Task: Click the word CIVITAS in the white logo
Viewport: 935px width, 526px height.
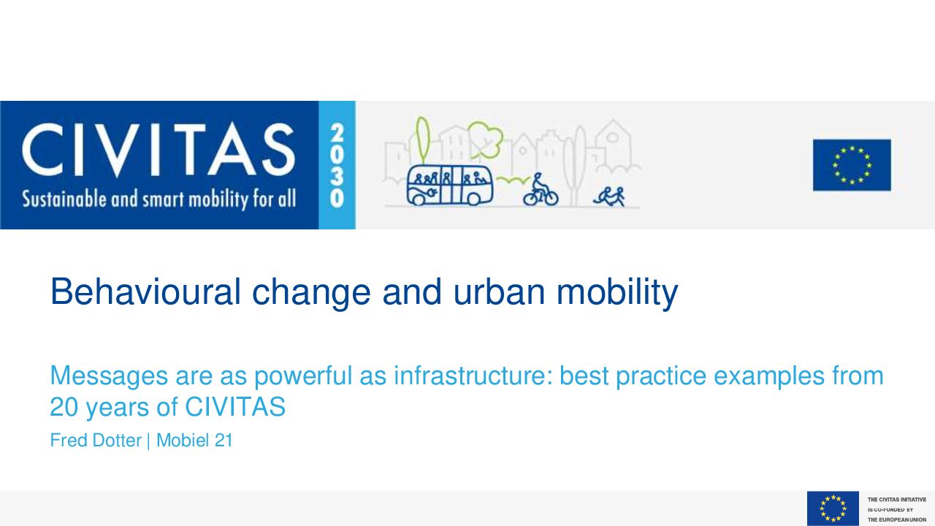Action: (159, 150)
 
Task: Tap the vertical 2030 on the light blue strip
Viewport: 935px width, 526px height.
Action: (337, 165)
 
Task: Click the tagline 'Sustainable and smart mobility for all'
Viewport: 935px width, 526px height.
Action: (159, 199)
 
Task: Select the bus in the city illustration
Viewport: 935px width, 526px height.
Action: (450, 185)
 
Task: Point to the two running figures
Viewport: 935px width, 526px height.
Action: (609, 197)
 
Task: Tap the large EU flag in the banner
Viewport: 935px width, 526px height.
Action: (852, 165)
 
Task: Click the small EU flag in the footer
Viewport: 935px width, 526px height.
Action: (833, 508)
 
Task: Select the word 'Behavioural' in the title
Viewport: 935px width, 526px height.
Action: (145, 291)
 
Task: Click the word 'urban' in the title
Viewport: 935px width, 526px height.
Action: (499, 291)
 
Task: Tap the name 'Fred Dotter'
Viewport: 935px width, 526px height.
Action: (96, 441)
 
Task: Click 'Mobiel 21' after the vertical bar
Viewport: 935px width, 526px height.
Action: (194, 441)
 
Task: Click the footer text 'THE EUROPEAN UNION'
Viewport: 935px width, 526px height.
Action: (897, 519)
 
